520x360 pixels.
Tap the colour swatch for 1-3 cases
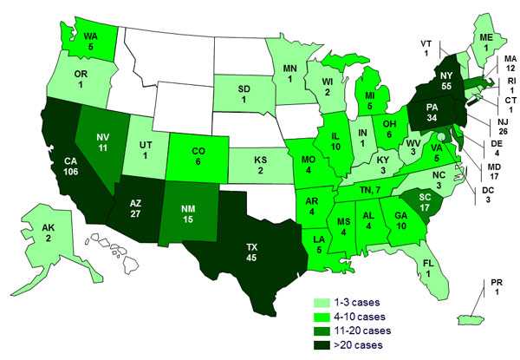323,300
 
